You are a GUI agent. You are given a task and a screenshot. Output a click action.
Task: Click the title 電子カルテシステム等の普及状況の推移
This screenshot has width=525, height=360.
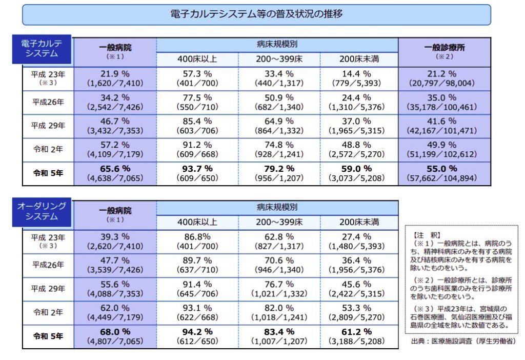(x=256, y=14)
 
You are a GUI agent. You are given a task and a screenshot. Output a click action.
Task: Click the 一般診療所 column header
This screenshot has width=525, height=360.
(x=444, y=51)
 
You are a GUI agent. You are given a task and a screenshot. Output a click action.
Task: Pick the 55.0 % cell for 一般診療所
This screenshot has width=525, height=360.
(x=444, y=173)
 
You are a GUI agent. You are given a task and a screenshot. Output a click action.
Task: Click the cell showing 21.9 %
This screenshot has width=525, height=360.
(x=115, y=78)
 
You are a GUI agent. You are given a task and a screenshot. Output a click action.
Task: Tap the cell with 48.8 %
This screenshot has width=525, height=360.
(x=359, y=150)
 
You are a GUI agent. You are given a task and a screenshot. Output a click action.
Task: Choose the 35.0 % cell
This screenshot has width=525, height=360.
(x=444, y=102)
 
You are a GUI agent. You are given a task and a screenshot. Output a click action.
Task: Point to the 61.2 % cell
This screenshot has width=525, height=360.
(x=359, y=336)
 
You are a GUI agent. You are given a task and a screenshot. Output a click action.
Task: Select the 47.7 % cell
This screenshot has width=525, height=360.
(x=115, y=265)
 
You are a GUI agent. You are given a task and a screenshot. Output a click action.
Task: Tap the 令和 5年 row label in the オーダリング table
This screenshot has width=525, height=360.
(x=48, y=336)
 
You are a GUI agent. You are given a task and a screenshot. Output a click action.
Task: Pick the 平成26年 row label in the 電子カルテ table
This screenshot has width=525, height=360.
(x=48, y=102)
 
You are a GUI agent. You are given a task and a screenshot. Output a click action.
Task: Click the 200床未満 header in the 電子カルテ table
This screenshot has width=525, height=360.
(x=359, y=59)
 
